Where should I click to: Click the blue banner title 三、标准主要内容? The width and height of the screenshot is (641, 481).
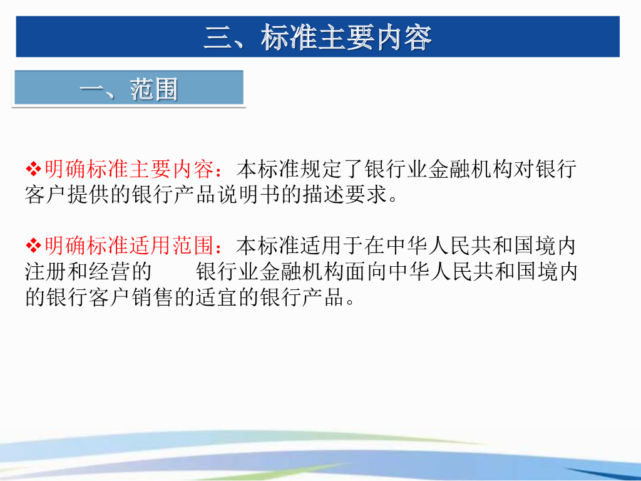(x=317, y=38)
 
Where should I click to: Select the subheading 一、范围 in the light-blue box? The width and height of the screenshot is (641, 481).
(x=128, y=90)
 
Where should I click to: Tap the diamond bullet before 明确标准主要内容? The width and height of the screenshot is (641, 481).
(x=33, y=168)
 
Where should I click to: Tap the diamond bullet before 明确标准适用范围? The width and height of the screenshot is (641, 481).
(x=33, y=245)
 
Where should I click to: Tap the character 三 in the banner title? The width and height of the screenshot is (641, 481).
(x=216, y=38)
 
